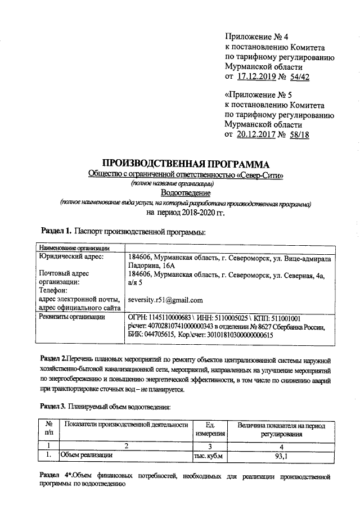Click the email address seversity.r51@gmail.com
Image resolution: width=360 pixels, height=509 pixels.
tap(165, 300)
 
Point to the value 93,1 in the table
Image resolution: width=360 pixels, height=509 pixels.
tap(281, 456)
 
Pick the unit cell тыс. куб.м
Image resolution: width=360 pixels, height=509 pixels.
tap(209, 456)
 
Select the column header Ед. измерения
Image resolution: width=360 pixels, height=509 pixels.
tap(210, 429)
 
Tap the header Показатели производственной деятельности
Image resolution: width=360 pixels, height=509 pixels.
tap(126, 425)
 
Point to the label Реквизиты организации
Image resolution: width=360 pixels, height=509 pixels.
tap(71, 317)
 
